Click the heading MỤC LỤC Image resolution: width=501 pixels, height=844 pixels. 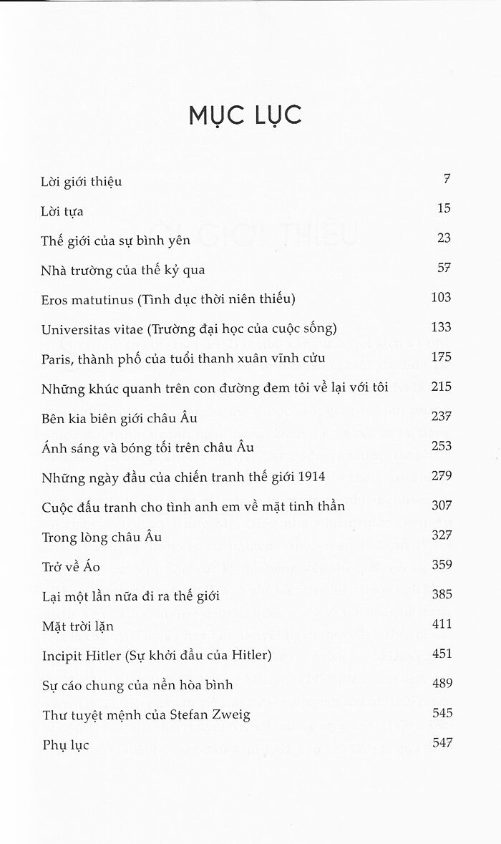tap(245, 115)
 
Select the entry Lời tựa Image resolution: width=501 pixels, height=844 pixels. tap(63, 211)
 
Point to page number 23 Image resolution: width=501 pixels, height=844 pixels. tap(443, 238)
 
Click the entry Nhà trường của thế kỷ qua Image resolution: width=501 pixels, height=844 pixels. tap(123, 271)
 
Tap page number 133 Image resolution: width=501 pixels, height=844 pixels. tap(441, 327)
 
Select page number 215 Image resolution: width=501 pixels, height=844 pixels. tap(441, 387)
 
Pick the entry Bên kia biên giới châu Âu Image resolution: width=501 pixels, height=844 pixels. tap(120, 417)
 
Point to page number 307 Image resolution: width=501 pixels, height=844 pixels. tap(441, 505)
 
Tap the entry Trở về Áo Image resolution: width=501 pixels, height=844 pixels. tap(70, 566)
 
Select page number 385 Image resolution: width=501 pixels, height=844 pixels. tap(441, 594)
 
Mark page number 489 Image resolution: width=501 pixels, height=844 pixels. tap(441, 683)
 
